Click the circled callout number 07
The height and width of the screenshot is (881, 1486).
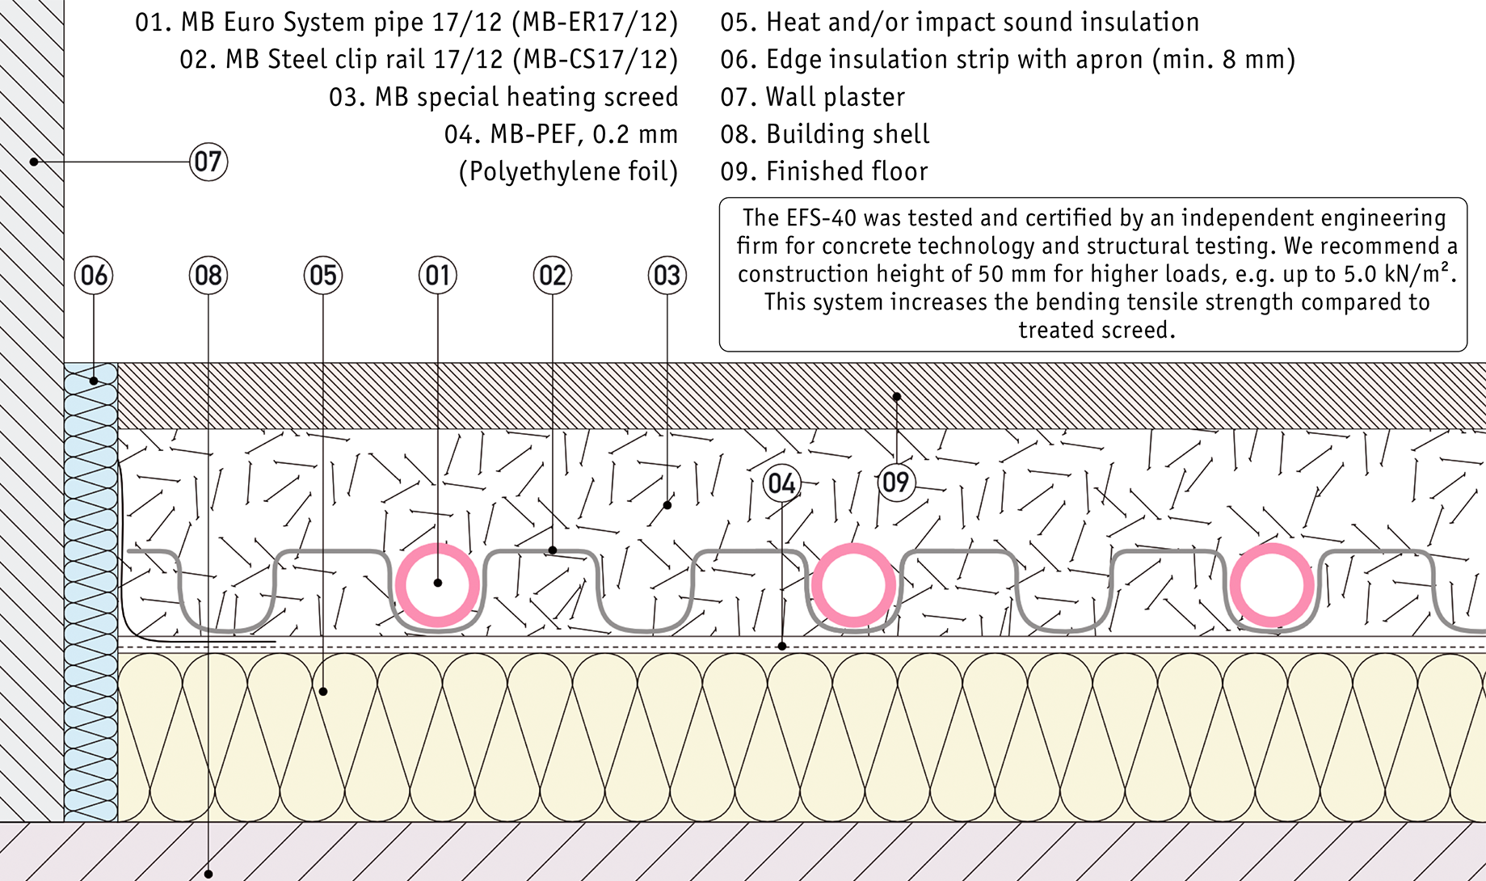click(208, 162)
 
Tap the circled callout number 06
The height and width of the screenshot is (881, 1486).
click(94, 276)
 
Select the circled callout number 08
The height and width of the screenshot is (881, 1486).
click(208, 276)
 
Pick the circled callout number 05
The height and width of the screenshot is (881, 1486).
click(323, 276)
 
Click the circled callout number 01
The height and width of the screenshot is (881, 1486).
click(438, 276)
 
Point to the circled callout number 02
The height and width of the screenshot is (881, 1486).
click(553, 276)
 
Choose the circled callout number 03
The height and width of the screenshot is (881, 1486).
click(667, 276)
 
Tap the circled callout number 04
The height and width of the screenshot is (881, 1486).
click(781, 483)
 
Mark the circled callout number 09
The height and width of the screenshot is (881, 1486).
click(896, 483)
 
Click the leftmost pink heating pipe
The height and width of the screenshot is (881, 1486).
click(437, 584)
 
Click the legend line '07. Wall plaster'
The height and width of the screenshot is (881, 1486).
click(812, 97)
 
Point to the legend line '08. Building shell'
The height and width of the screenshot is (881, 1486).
click(824, 134)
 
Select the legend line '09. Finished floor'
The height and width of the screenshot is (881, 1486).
click(823, 171)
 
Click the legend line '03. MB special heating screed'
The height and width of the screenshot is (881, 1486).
click(503, 97)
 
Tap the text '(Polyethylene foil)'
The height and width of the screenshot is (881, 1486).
click(568, 171)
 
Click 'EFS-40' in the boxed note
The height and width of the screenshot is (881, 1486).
click(815, 218)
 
